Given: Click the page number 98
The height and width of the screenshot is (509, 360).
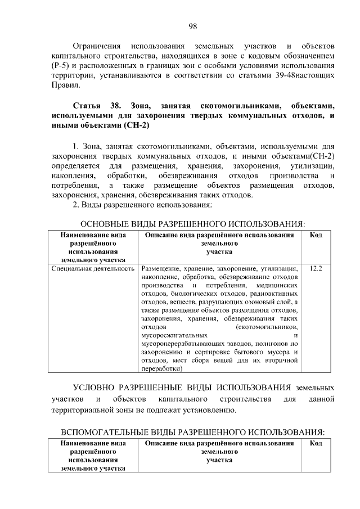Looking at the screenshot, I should point(192,26).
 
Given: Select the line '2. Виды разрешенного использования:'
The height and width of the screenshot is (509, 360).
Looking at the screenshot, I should point(142,205).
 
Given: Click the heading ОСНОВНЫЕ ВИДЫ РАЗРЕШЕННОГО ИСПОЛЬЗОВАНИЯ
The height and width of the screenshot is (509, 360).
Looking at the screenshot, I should point(192,224).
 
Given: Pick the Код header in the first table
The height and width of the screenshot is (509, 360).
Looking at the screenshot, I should point(316,235).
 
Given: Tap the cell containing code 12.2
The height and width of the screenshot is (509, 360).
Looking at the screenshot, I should point(316,269).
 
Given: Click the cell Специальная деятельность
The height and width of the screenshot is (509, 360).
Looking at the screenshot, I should point(93,269).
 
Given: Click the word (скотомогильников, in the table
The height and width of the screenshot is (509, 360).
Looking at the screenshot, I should point(268,326).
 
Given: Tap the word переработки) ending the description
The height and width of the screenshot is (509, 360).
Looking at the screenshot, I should point(162,369).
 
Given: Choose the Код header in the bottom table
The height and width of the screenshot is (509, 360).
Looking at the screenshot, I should point(316,443).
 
